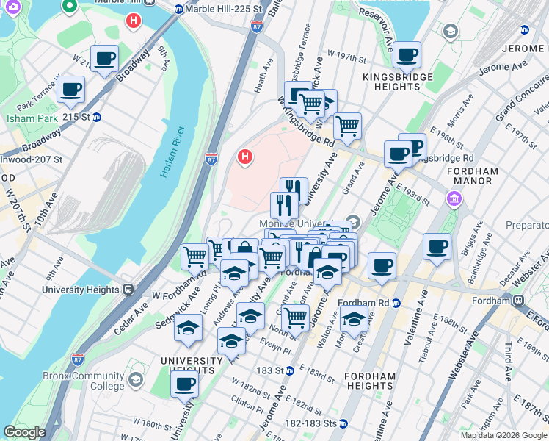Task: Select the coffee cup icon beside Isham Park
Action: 71,90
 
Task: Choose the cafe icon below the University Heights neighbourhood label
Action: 185,383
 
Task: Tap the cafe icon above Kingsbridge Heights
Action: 407,55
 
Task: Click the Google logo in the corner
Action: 25,432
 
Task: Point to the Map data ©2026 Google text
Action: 503,435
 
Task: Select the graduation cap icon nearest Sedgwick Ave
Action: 188,328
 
